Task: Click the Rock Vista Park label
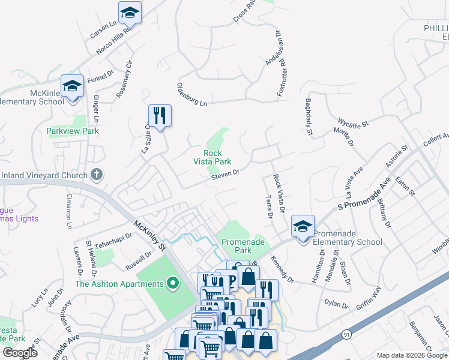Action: [x=212, y=157]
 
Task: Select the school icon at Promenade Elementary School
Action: [x=303, y=227]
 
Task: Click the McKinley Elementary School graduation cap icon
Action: [x=73, y=86]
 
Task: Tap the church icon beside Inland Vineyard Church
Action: [x=97, y=175]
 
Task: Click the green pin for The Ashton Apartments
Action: [x=173, y=283]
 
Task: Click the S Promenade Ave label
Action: [x=364, y=194]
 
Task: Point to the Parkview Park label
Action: [x=73, y=131]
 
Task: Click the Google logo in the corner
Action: [x=20, y=353]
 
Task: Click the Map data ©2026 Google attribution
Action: [x=411, y=355]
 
